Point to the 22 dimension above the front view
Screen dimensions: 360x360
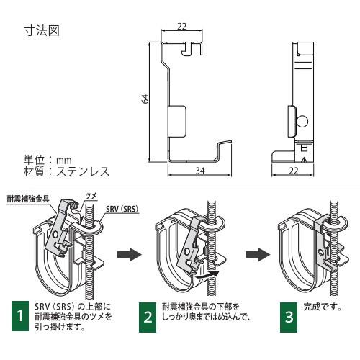[183, 27]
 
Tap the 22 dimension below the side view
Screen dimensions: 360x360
[294, 171]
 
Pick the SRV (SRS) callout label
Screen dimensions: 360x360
[120, 209]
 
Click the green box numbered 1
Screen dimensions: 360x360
[19, 315]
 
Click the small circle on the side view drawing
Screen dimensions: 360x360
[303, 120]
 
